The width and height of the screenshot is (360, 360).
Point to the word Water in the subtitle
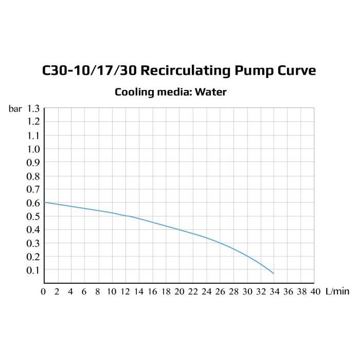(211, 93)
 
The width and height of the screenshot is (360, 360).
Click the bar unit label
(15, 109)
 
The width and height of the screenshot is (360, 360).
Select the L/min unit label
(337, 292)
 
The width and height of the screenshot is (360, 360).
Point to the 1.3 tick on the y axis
(34, 109)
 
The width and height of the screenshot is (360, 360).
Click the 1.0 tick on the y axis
(34, 149)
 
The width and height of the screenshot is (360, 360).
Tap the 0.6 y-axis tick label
(34, 203)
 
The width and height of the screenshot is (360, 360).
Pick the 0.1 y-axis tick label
(34, 270)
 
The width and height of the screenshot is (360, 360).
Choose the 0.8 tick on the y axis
(34, 176)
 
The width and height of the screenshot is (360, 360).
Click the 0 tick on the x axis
(44, 292)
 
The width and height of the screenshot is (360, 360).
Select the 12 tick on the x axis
(125, 292)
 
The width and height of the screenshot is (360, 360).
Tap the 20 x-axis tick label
(179, 292)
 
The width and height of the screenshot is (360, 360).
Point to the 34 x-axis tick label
(274, 292)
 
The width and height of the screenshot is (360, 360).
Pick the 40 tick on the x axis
(314, 292)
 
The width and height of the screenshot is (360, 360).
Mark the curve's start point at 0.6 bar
(45, 202)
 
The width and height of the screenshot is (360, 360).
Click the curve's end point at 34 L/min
(274, 273)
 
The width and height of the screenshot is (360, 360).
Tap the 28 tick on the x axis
(233, 292)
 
